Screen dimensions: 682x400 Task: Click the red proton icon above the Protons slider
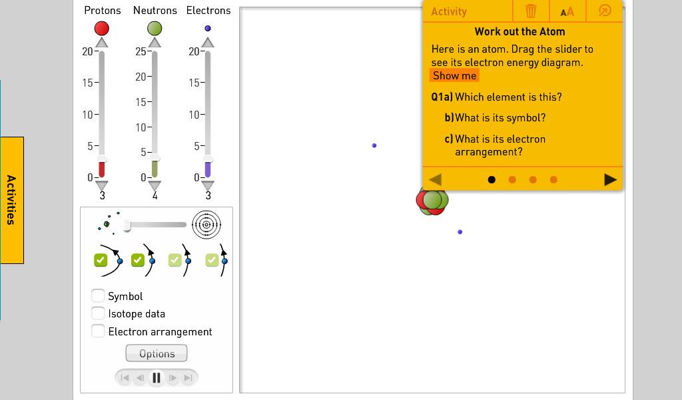point(102,28)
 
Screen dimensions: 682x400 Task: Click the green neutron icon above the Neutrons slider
point(155,28)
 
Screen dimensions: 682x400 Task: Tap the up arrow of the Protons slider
point(102,42)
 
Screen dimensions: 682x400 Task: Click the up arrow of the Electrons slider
point(208,42)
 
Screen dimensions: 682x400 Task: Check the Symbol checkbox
point(98,295)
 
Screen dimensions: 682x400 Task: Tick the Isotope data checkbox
point(98,313)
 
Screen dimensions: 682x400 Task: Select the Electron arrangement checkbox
point(98,331)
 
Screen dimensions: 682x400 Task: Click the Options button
point(157,353)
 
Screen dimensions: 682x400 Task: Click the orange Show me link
point(454,76)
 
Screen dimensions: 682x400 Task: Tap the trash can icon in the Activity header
point(531,11)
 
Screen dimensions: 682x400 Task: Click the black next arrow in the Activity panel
point(611,179)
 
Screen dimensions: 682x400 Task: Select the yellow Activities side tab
point(12,200)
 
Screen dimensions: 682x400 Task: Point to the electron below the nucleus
point(460,232)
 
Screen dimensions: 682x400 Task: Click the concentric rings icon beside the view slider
point(206,225)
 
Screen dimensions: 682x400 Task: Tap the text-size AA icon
point(567,12)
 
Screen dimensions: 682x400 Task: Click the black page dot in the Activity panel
point(492,180)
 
